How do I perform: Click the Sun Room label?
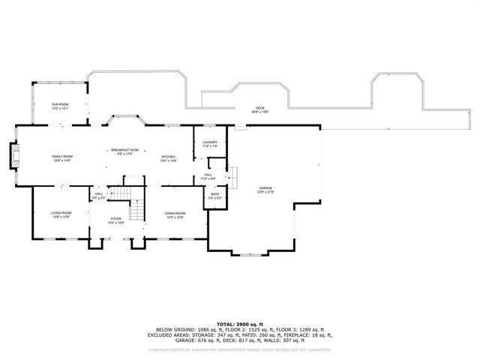(x=59, y=104)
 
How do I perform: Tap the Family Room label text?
(x=61, y=156)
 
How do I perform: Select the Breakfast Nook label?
(x=124, y=150)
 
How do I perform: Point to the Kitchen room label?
(x=168, y=156)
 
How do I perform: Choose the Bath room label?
(x=214, y=194)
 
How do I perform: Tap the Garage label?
(x=265, y=187)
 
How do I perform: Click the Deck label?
(x=259, y=107)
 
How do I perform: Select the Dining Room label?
(x=175, y=214)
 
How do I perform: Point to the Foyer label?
(x=115, y=219)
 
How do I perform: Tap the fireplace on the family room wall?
(x=14, y=155)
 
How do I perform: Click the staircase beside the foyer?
(x=136, y=210)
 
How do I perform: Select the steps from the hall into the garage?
(x=232, y=177)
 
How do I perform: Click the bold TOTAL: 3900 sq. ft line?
(x=240, y=323)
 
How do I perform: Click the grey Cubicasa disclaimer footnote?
(x=240, y=349)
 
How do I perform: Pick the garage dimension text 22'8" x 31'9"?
(x=265, y=192)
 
